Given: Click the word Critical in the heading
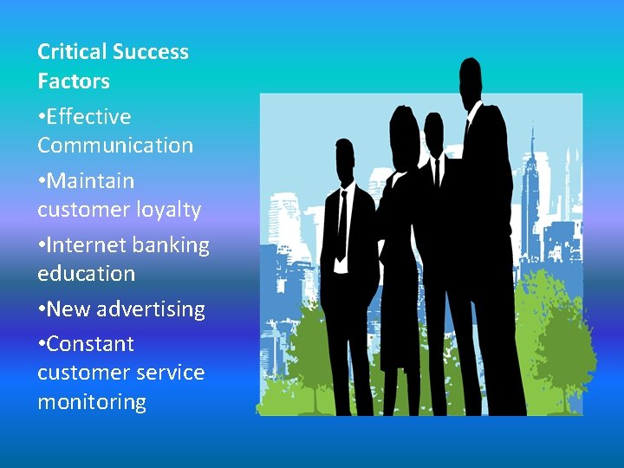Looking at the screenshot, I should [72, 52].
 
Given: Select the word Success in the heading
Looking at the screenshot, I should [150, 52].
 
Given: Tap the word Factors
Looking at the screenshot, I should [74, 81].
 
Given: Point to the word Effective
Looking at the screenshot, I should [89, 117].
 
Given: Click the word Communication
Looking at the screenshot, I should [115, 146].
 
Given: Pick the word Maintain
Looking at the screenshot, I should [91, 181].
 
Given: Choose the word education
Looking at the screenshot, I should [87, 274].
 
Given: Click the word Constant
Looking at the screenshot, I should [90, 344].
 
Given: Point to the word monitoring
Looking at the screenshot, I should [92, 402].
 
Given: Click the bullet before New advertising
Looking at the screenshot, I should [42, 309].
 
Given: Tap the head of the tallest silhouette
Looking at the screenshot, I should [471, 78].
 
